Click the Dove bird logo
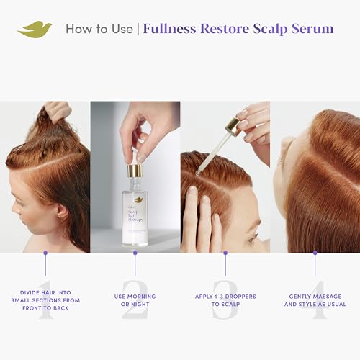[x=35, y=30]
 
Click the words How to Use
[x=99, y=30]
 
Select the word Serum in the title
[x=312, y=30]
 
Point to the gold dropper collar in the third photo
[x=232, y=128]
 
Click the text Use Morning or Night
[x=135, y=300]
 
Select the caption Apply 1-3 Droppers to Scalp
[x=225, y=300]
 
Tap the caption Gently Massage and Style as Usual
[x=315, y=300]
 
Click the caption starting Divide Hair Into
[x=45, y=300]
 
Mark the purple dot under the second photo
[x=135, y=253]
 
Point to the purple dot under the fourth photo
[x=315, y=253]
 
